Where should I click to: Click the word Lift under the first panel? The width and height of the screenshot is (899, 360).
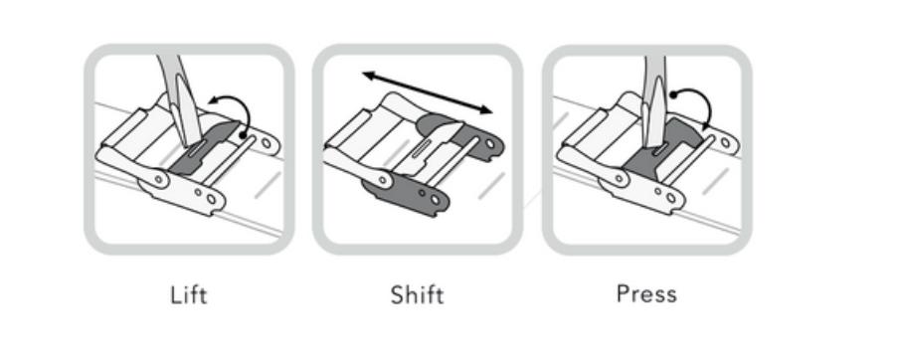(189, 295)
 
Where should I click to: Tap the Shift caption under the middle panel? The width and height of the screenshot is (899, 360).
(417, 295)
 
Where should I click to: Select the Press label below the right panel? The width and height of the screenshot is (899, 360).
(646, 294)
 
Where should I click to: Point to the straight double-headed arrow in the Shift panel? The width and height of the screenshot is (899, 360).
(428, 92)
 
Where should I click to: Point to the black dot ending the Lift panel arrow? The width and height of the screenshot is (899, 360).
(243, 136)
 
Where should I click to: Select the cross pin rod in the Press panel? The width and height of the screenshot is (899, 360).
(688, 160)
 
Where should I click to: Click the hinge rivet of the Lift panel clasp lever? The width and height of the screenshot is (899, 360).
(158, 180)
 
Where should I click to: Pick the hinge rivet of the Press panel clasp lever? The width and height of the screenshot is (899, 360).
(620, 178)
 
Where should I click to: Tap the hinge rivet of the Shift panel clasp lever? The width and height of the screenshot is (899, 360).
(383, 180)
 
